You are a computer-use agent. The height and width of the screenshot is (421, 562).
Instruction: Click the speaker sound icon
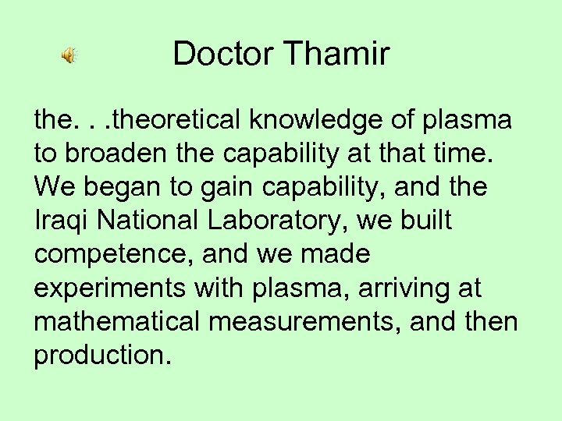point(69,55)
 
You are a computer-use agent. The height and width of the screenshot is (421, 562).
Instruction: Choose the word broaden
point(109,154)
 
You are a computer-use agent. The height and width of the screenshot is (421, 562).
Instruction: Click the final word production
point(100,356)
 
